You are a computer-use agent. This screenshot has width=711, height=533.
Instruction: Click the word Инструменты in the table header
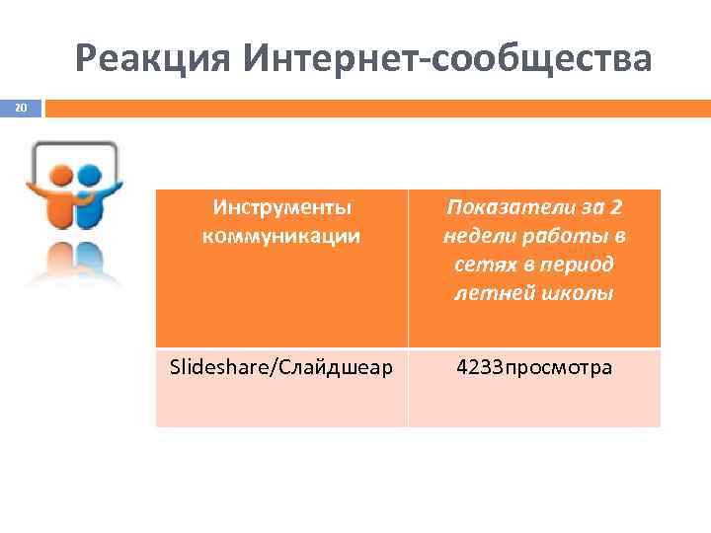coord(281,208)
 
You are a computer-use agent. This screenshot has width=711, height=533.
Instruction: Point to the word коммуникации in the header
coord(281,236)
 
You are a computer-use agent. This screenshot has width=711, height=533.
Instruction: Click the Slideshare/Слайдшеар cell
coord(281,368)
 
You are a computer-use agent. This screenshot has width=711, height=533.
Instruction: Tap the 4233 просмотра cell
coord(534,368)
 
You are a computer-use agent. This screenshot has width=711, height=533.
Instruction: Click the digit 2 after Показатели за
coord(616,208)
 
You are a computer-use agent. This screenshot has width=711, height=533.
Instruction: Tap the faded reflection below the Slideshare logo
coord(75,262)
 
